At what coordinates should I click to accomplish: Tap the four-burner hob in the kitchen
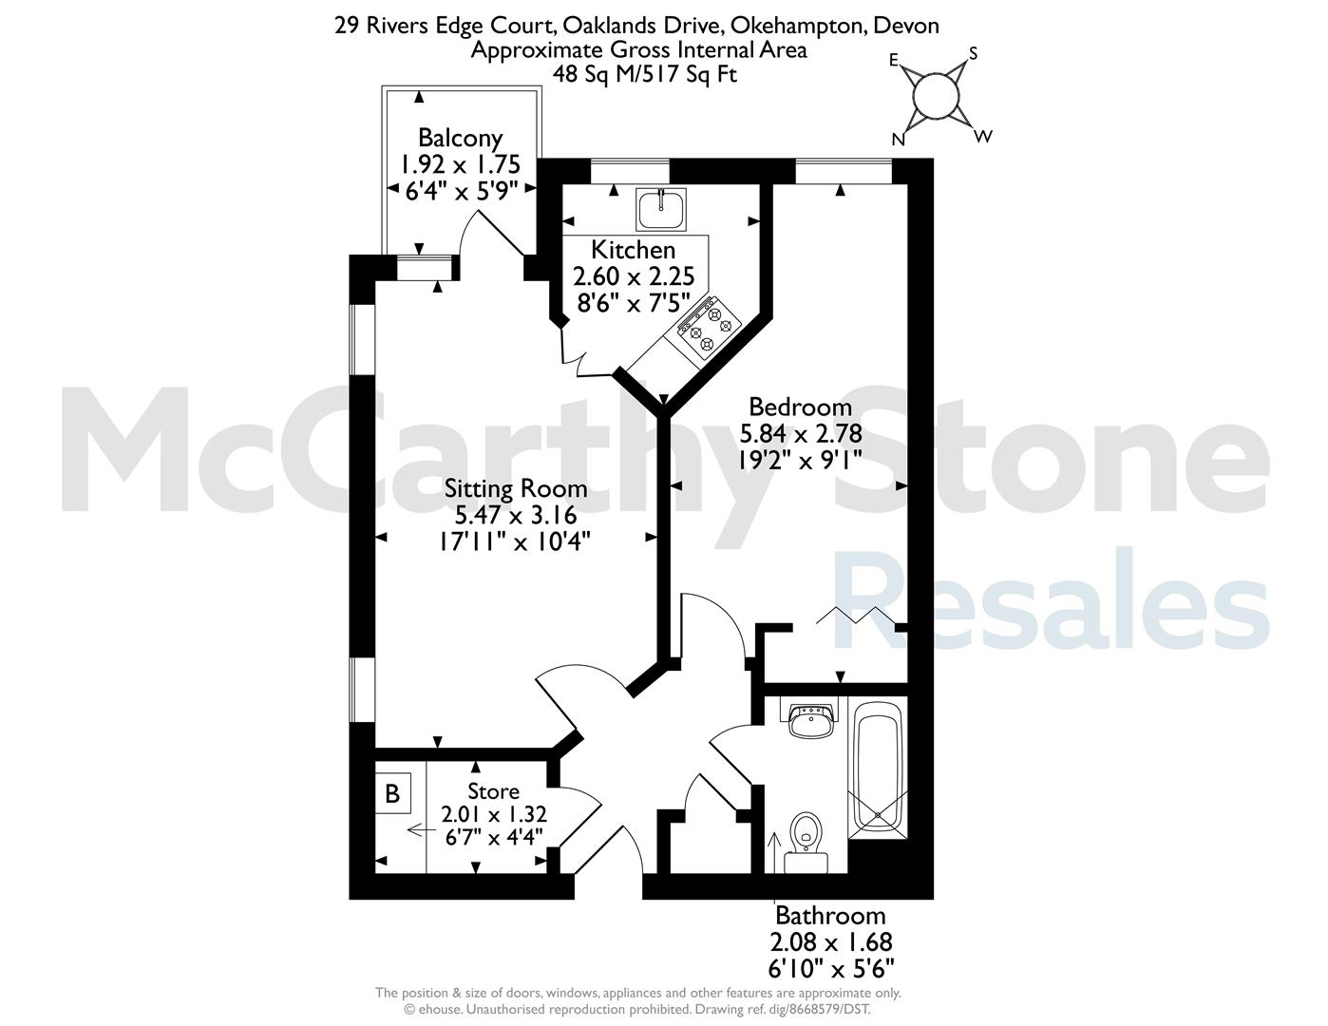point(709,327)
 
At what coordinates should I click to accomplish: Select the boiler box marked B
point(392,793)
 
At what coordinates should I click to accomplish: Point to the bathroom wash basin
point(811,720)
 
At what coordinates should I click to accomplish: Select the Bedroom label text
point(800,407)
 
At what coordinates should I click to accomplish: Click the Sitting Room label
point(515,489)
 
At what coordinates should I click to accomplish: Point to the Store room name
point(493,791)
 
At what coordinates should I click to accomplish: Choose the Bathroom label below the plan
point(830,916)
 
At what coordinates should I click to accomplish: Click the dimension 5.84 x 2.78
point(801,434)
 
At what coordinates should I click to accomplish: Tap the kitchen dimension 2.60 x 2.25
point(634,276)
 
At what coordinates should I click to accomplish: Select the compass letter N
point(898,140)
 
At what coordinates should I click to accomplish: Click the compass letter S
point(974,54)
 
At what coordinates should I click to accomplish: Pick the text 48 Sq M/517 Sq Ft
point(645,74)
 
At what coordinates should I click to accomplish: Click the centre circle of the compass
point(935,96)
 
